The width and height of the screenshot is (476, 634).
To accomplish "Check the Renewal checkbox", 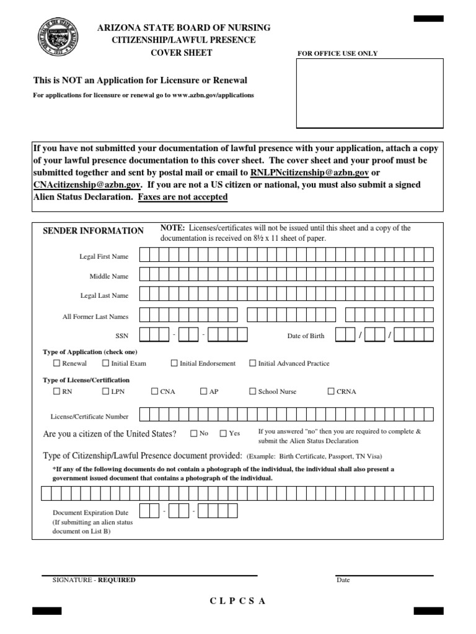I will click(57, 363).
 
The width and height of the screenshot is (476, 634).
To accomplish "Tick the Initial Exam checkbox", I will click(106, 363).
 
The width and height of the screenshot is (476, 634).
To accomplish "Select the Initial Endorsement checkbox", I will click(174, 363).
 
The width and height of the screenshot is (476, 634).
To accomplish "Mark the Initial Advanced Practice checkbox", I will click(252, 363).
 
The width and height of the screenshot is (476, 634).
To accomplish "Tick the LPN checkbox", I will click(106, 391).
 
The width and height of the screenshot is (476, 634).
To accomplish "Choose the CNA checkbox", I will click(155, 391).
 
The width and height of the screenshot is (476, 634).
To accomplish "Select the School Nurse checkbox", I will click(252, 391).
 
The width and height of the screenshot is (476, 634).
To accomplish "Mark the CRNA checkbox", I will click(331, 391).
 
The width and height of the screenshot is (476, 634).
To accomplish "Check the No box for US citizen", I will click(194, 433).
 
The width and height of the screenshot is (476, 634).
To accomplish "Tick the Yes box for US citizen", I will click(223, 433).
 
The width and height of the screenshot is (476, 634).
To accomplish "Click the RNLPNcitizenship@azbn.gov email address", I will click(309, 172).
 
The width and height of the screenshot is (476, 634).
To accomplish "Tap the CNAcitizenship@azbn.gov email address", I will click(87, 185).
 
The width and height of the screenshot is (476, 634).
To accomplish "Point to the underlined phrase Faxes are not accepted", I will click(183, 197).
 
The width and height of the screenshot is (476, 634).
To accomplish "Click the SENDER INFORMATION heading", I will click(93, 231).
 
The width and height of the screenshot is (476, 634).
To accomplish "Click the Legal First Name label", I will click(104, 256).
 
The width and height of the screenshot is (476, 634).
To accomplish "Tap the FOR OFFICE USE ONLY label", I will click(338, 54).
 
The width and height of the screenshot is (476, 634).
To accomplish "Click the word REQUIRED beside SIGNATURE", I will click(117, 580).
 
